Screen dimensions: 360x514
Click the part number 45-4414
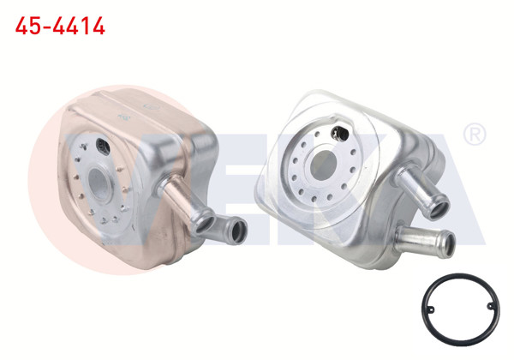coord(61,26)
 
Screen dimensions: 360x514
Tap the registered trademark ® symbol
coord(474,135)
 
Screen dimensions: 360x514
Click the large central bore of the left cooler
coord(101,183)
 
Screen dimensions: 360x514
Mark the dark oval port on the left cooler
coord(105,145)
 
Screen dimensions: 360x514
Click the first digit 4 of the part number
coord(21,26)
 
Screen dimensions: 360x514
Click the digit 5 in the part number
coord(35,26)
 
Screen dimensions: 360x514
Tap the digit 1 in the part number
coord(85,26)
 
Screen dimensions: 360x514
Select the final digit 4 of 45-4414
coord(99,26)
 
